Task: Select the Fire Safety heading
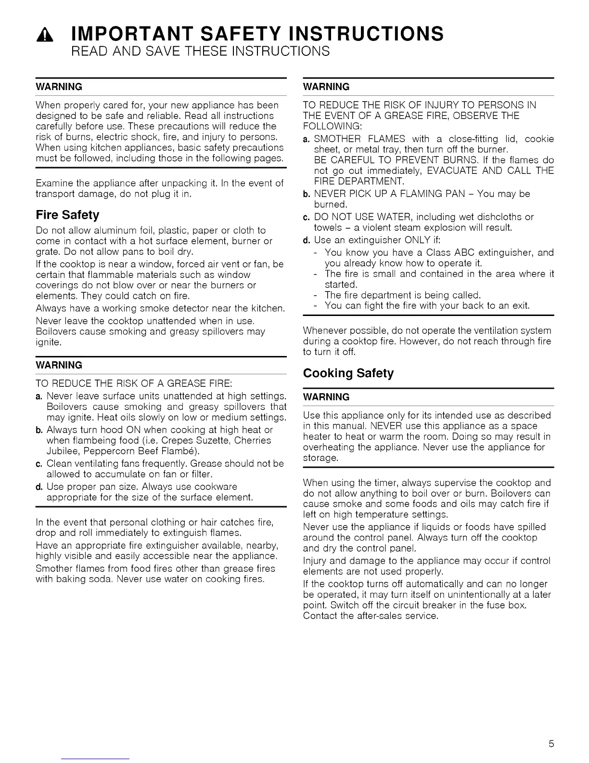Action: (67, 215)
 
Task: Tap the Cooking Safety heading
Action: (348, 373)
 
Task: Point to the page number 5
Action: (551, 744)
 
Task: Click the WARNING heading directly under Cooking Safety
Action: (326, 397)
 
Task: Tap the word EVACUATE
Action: (456, 171)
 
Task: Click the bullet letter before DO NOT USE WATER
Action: (306, 217)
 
